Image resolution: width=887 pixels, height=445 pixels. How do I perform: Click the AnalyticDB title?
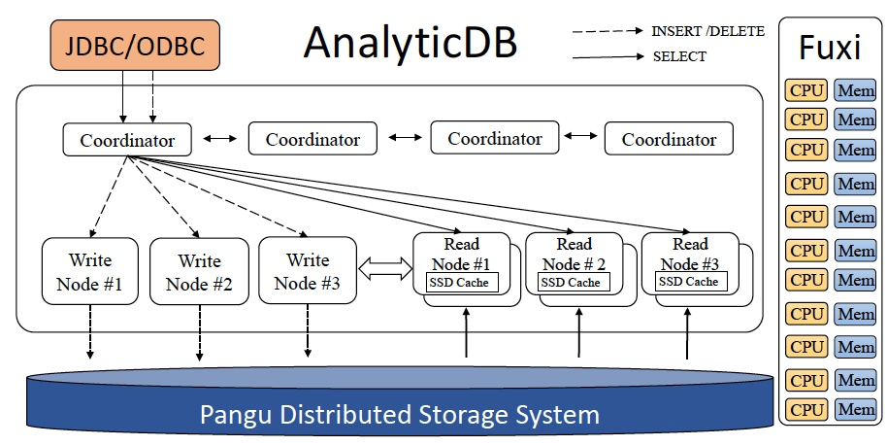pyautogui.click(x=410, y=43)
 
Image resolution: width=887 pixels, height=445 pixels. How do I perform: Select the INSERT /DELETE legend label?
pyautogui.click(x=708, y=31)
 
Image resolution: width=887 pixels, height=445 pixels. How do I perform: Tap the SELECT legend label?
pyautogui.click(x=679, y=56)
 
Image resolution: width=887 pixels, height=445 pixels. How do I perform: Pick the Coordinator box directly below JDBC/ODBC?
pyautogui.click(x=127, y=140)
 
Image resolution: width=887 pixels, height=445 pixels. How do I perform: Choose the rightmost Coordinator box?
pyautogui.click(x=669, y=139)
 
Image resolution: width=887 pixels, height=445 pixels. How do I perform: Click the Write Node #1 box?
pyautogui.click(x=90, y=272)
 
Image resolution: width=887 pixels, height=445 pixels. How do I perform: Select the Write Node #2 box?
pyautogui.click(x=199, y=273)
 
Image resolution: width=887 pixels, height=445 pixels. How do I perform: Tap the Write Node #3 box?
pyautogui.click(x=308, y=272)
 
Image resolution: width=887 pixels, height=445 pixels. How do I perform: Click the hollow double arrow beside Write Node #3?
pyautogui.click(x=385, y=270)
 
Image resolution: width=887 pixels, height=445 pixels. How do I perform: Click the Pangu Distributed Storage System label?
pyautogui.click(x=399, y=415)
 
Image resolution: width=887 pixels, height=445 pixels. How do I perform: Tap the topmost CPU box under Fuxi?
pyautogui.click(x=805, y=92)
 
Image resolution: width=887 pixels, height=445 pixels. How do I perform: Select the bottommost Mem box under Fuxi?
pyautogui.click(x=855, y=409)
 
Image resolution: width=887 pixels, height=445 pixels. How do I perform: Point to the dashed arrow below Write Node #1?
pyautogui.click(x=90, y=332)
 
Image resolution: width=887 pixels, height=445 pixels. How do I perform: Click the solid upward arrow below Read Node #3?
pyautogui.click(x=688, y=332)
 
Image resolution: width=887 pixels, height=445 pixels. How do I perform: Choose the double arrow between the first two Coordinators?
pyautogui.click(x=219, y=139)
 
